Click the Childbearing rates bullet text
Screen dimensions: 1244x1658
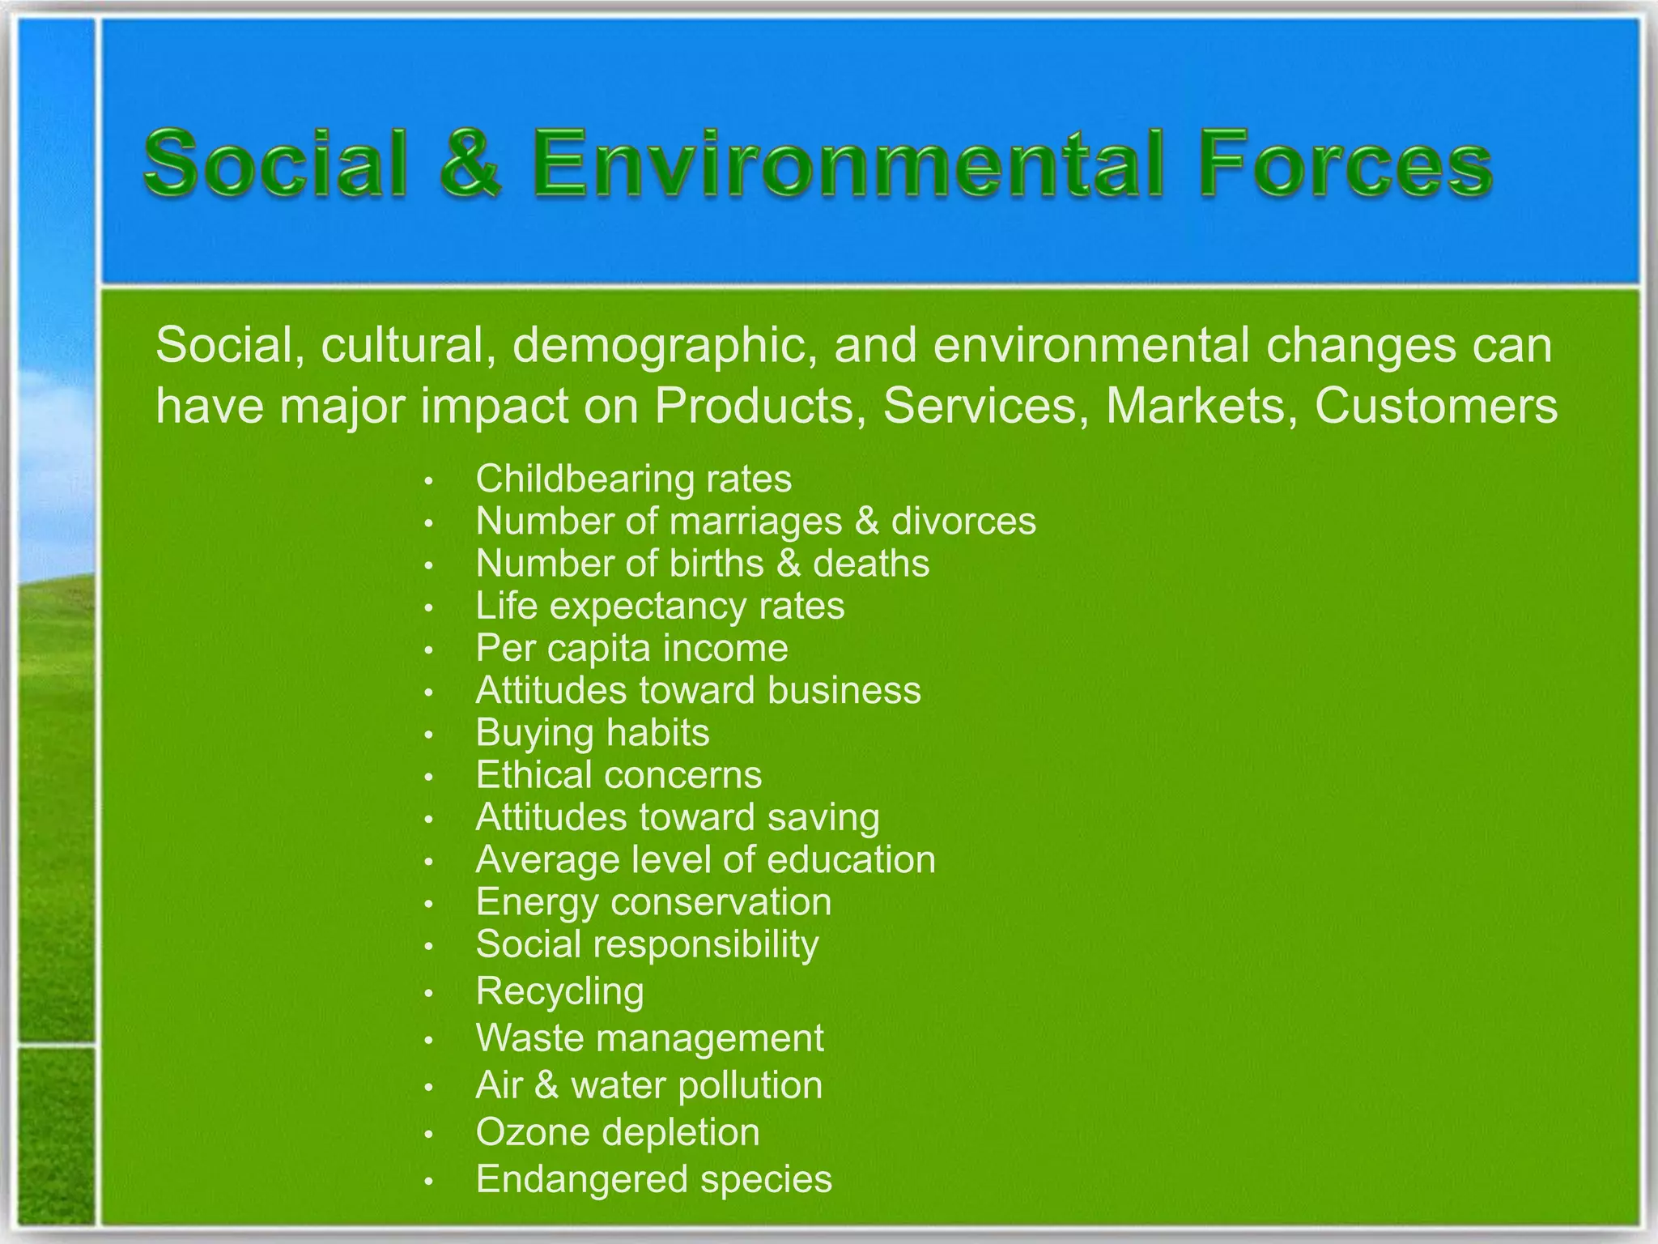click(633, 479)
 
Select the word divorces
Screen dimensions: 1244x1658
click(963, 521)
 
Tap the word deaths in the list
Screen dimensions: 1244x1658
click(871, 564)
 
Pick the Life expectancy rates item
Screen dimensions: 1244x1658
click(660, 606)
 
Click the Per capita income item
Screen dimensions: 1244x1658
click(631, 648)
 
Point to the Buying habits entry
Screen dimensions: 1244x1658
click(592, 733)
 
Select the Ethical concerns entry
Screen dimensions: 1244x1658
click(619, 775)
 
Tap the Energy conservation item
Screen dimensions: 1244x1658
click(653, 902)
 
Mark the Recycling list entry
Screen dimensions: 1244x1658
click(559, 991)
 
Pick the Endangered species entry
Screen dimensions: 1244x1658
click(653, 1179)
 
